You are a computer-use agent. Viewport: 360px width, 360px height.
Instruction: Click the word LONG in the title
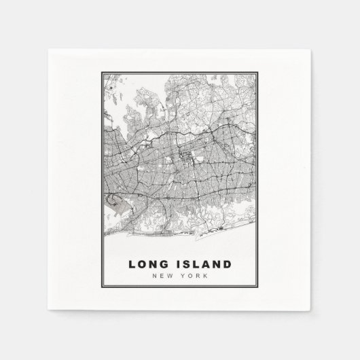148,264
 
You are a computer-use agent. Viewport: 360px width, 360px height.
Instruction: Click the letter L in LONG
131,264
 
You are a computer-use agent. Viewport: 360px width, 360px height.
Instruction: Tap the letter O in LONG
142,264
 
